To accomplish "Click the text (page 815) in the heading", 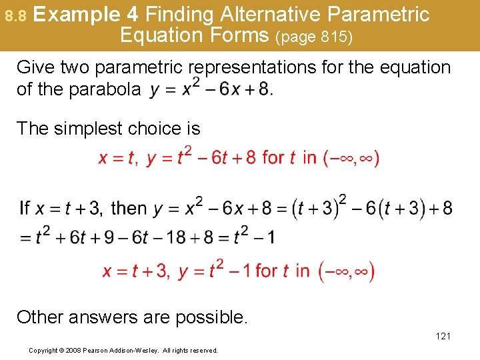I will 314,37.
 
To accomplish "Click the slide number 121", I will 443,336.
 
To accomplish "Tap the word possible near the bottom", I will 213,316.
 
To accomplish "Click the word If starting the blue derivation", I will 25,208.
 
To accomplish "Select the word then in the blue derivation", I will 129,208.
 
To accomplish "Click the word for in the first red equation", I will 273,158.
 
